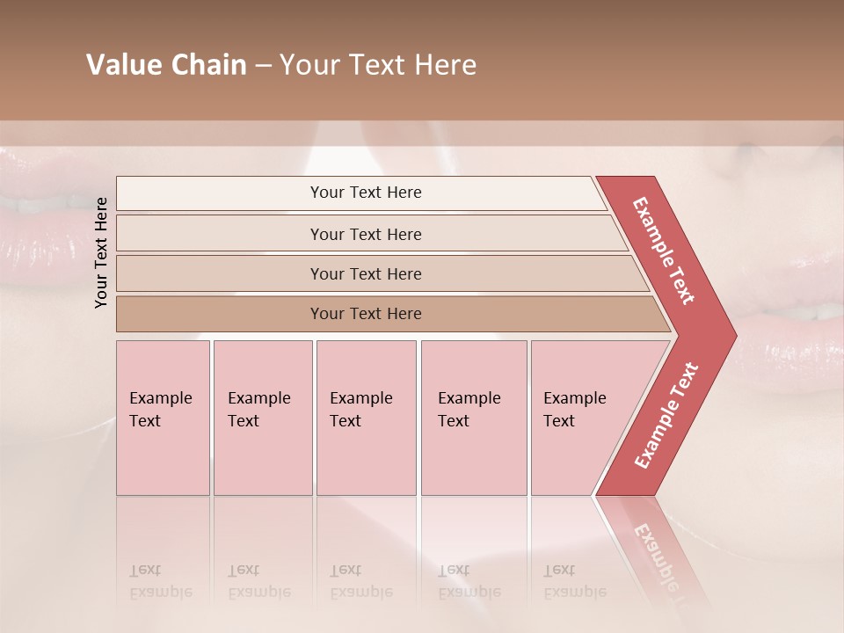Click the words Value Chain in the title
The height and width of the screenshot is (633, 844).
tap(166, 65)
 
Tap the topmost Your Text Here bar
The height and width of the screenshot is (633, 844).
tap(366, 193)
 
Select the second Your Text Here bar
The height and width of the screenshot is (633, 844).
tap(366, 234)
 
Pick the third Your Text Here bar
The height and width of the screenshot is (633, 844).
tap(366, 273)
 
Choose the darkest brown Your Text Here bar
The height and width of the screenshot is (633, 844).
tap(366, 314)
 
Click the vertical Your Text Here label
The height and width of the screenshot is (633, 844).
tap(101, 252)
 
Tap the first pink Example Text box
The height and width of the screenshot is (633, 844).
tap(163, 418)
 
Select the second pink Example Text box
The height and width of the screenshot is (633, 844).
tap(262, 418)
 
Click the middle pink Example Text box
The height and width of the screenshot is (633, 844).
tap(366, 418)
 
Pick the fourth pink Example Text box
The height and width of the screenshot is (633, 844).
tap(473, 418)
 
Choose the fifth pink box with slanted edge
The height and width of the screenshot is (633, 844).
tap(580, 418)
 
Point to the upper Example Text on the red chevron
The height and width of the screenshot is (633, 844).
tap(664, 251)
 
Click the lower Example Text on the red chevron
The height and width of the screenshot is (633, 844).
tap(666, 415)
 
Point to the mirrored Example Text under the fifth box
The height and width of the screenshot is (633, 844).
tap(575, 581)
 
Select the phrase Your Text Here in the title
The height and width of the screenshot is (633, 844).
tap(378, 65)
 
